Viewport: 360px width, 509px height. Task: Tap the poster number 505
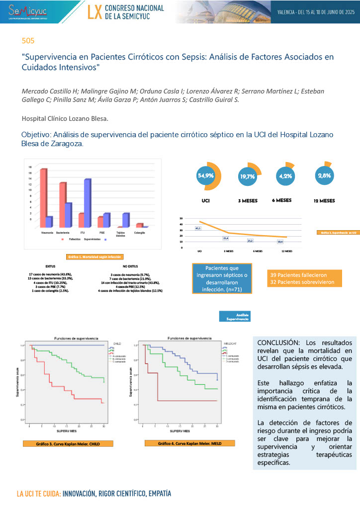(28, 40)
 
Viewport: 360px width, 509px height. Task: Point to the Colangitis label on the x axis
(139, 232)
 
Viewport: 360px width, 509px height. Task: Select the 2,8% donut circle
(324, 175)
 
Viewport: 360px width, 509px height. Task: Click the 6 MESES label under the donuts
(281, 200)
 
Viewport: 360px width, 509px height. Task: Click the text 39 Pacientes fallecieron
(298, 275)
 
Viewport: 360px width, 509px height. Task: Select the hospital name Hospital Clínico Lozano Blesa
(65, 119)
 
